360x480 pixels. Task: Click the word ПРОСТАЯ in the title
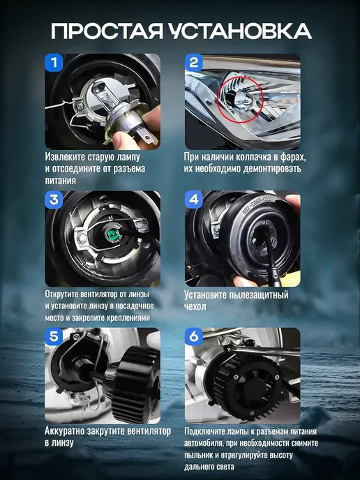pyautogui.click(x=107, y=31)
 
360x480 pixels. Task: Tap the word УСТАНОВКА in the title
pyautogui.click(x=240, y=31)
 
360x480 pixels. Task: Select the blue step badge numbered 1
pyautogui.click(x=54, y=63)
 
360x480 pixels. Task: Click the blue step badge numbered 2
pyautogui.click(x=194, y=63)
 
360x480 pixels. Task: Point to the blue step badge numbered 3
pyautogui.click(x=54, y=200)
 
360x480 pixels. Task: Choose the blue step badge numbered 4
pyautogui.click(x=194, y=200)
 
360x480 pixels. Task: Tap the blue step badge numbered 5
pyautogui.click(x=54, y=337)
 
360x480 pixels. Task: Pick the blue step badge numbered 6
pyautogui.click(x=194, y=337)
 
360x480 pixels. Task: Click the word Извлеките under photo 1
pyautogui.click(x=65, y=157)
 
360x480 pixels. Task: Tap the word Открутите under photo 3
pyautogui.click(x=61, y=294)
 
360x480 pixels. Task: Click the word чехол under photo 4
pyautogui.click(x=195, y=306)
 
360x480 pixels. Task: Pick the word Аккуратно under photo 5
pyautogui.click(x=65, y=431)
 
